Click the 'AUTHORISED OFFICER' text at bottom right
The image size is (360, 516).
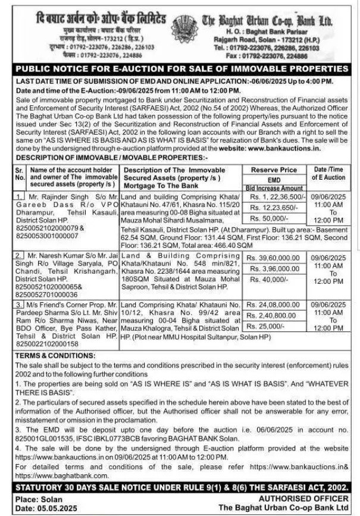pos(305,498)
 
